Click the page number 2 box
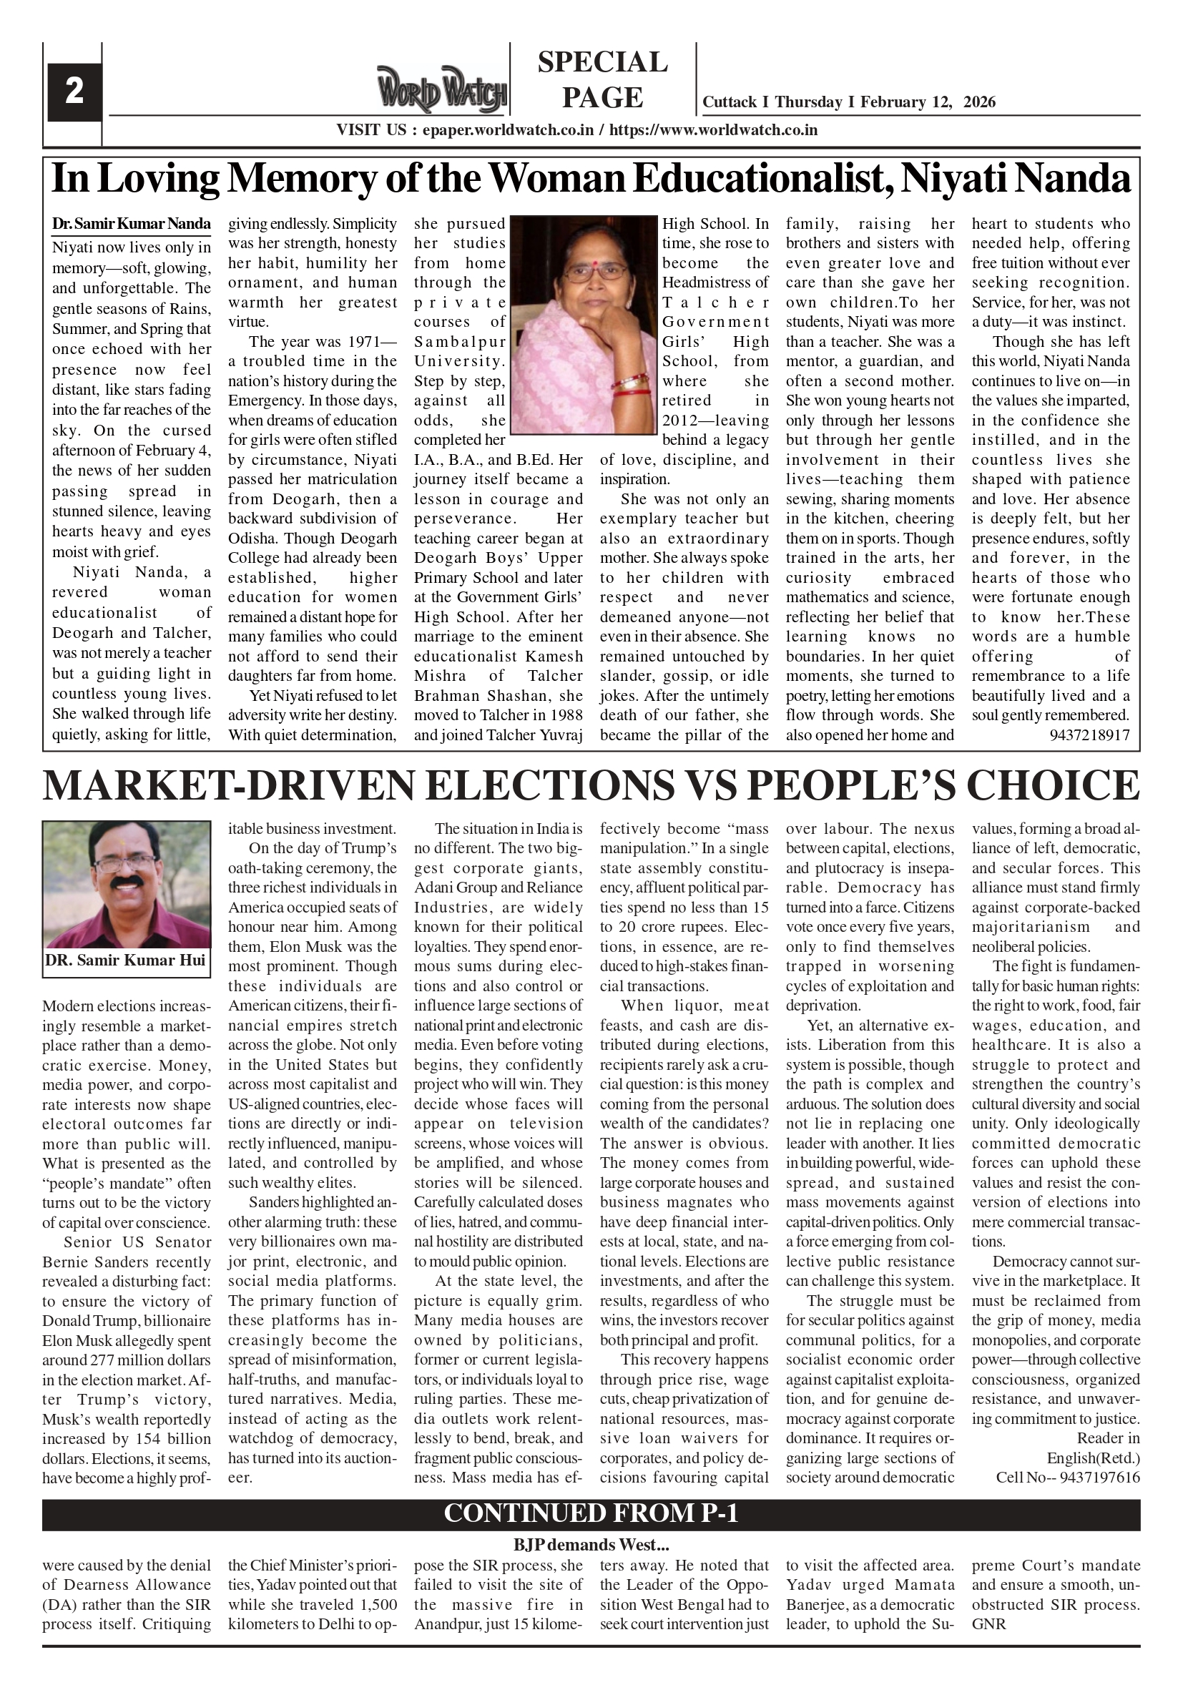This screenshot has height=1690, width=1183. click(74, 93)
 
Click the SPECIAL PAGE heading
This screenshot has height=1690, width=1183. click(602, 79)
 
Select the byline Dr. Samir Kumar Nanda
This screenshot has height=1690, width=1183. click(131, 224)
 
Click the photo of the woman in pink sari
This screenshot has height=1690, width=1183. click(583, 324)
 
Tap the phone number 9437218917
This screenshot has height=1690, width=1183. click(1089, 735)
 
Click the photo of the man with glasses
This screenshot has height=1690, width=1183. click(127, 883)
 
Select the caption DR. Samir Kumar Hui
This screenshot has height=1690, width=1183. click(126, 961)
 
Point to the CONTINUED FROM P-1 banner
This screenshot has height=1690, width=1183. click(591, 1513)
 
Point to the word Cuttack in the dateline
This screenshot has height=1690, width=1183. click(729, 102)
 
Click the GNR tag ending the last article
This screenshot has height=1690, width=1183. click(988, 1623)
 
